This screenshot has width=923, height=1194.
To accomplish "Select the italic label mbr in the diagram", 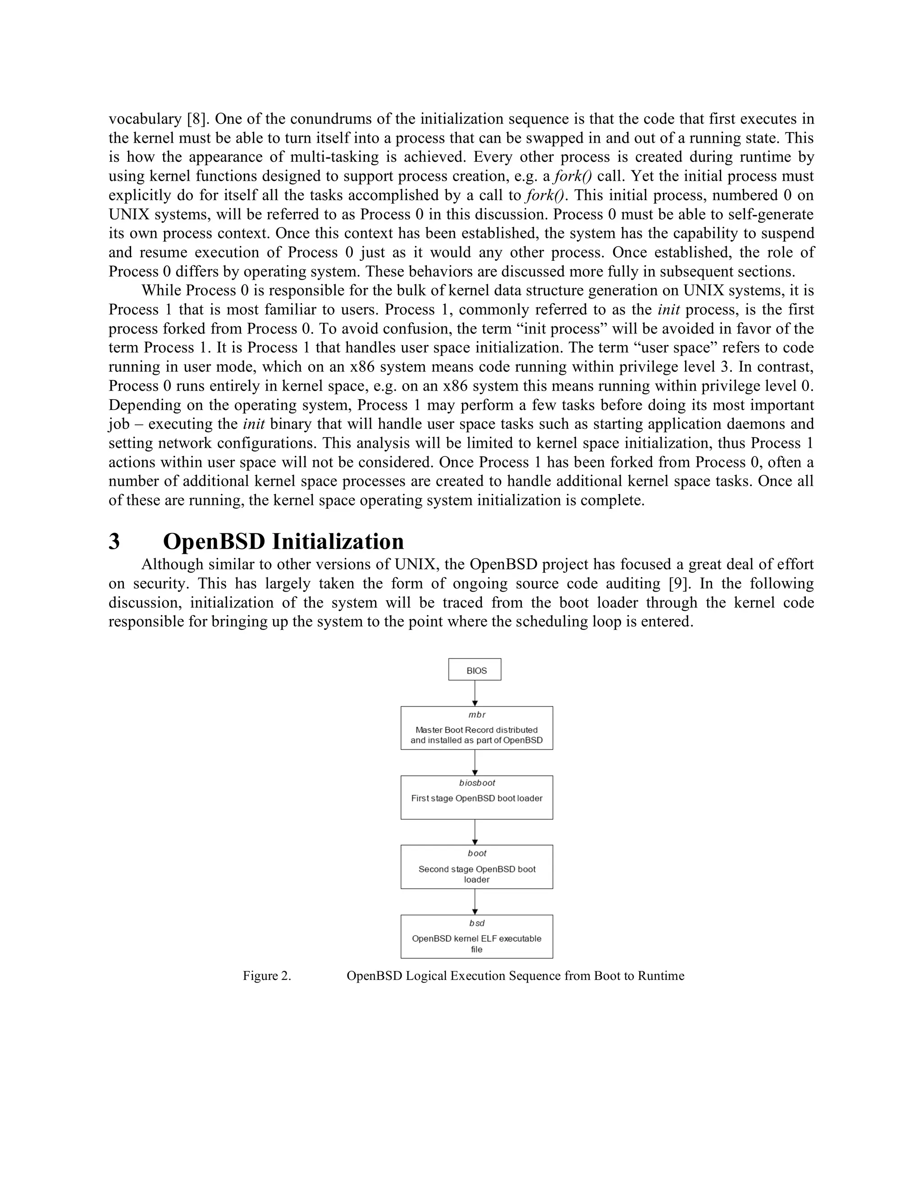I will click(477, 715).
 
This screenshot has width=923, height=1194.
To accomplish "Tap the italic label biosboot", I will click(477, 783).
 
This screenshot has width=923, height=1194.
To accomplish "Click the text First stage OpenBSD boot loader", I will click(477, 798).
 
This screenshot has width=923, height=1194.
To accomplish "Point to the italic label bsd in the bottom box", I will click(477, 923).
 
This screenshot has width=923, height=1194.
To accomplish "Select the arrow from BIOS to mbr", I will click(475, 693).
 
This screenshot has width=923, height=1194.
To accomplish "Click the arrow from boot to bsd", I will click(475, 902).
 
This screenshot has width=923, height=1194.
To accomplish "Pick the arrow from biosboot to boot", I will click(475, 832).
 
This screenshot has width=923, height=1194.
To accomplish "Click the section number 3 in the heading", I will click(114, 542).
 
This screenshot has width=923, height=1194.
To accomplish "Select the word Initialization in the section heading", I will click(338, 542).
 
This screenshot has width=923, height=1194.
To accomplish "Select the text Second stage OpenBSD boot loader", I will click(477, 874).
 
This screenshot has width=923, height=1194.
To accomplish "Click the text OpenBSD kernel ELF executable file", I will click(477, 943).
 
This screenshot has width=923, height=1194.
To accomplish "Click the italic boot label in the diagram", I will click(477, 853).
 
